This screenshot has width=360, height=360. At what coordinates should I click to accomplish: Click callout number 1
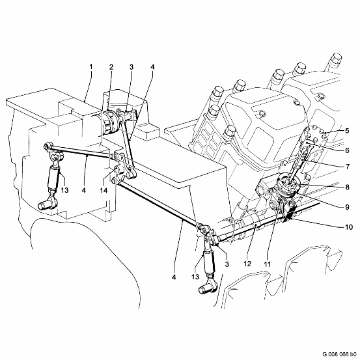point(91,67)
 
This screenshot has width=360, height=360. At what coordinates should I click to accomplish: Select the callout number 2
point(111,67)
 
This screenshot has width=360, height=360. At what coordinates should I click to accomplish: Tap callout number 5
point(347,131)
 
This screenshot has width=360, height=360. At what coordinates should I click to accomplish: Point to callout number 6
point(347,150)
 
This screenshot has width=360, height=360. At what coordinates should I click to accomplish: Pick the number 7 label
point(348,167)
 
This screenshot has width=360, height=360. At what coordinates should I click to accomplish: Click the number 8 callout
point(347,187)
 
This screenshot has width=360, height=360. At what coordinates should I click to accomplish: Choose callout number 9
point(347,207)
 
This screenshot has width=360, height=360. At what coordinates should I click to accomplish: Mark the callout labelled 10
point(349,227)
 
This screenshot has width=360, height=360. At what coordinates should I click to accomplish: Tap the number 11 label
point(268,264)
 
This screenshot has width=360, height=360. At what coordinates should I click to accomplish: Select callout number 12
point(247,264)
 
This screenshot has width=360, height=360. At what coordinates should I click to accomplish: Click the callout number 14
point(104,190)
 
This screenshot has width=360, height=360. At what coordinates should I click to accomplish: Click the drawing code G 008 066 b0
point(339,353)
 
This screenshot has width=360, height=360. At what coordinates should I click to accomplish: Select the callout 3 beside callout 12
point(227,264)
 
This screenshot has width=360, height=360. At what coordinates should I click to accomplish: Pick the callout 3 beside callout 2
point(132,67)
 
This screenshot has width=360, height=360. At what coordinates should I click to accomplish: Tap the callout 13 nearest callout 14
point(64,190)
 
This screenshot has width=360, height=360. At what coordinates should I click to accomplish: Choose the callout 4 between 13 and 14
point(84,190)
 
